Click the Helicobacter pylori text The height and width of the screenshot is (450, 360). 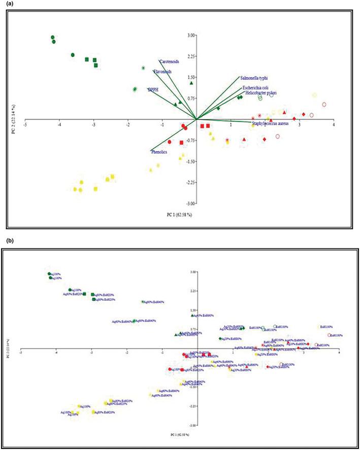(259, 93)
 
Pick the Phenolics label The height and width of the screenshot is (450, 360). (159, 151)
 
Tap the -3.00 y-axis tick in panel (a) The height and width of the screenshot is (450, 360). (188, 203)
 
